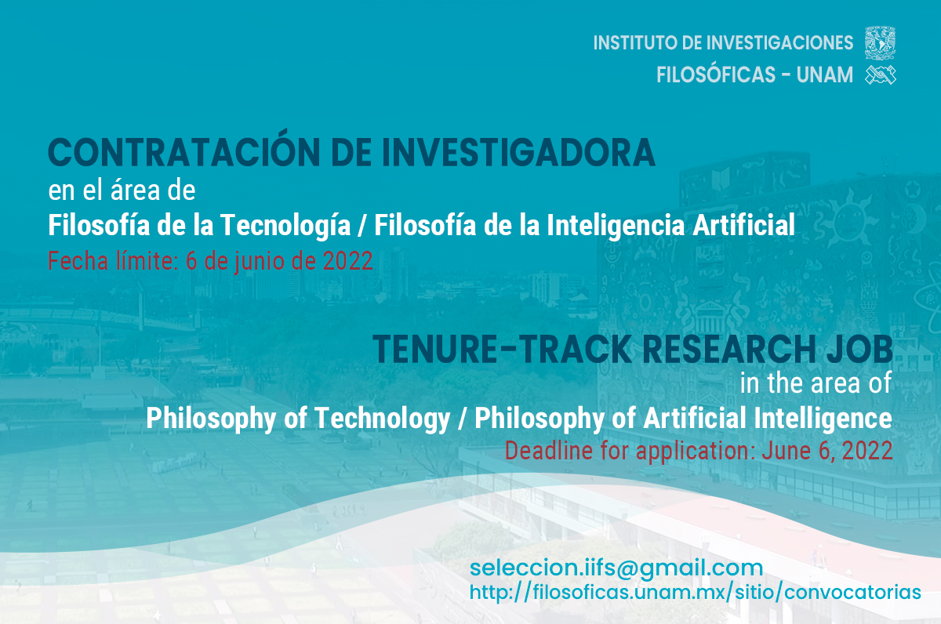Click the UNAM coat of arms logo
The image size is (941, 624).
point(880,43)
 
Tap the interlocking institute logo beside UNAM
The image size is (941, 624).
point(881,75)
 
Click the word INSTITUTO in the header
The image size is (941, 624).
point(634,43)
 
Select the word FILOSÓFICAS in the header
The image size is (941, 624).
point(716,75)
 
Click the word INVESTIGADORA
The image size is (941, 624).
point(518,152)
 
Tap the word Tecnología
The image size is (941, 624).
point(285,226)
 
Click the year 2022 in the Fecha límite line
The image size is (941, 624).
point(347,261)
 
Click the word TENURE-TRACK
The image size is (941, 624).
point(502,349)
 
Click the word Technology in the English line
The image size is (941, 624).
point(383,419)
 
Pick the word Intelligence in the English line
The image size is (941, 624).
point(823,419)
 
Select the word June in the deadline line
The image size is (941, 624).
point(787,451)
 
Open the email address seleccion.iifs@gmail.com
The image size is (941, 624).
point(616,568)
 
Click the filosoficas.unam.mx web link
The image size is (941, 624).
point(696,593)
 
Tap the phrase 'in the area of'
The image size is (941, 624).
point(816,383)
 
